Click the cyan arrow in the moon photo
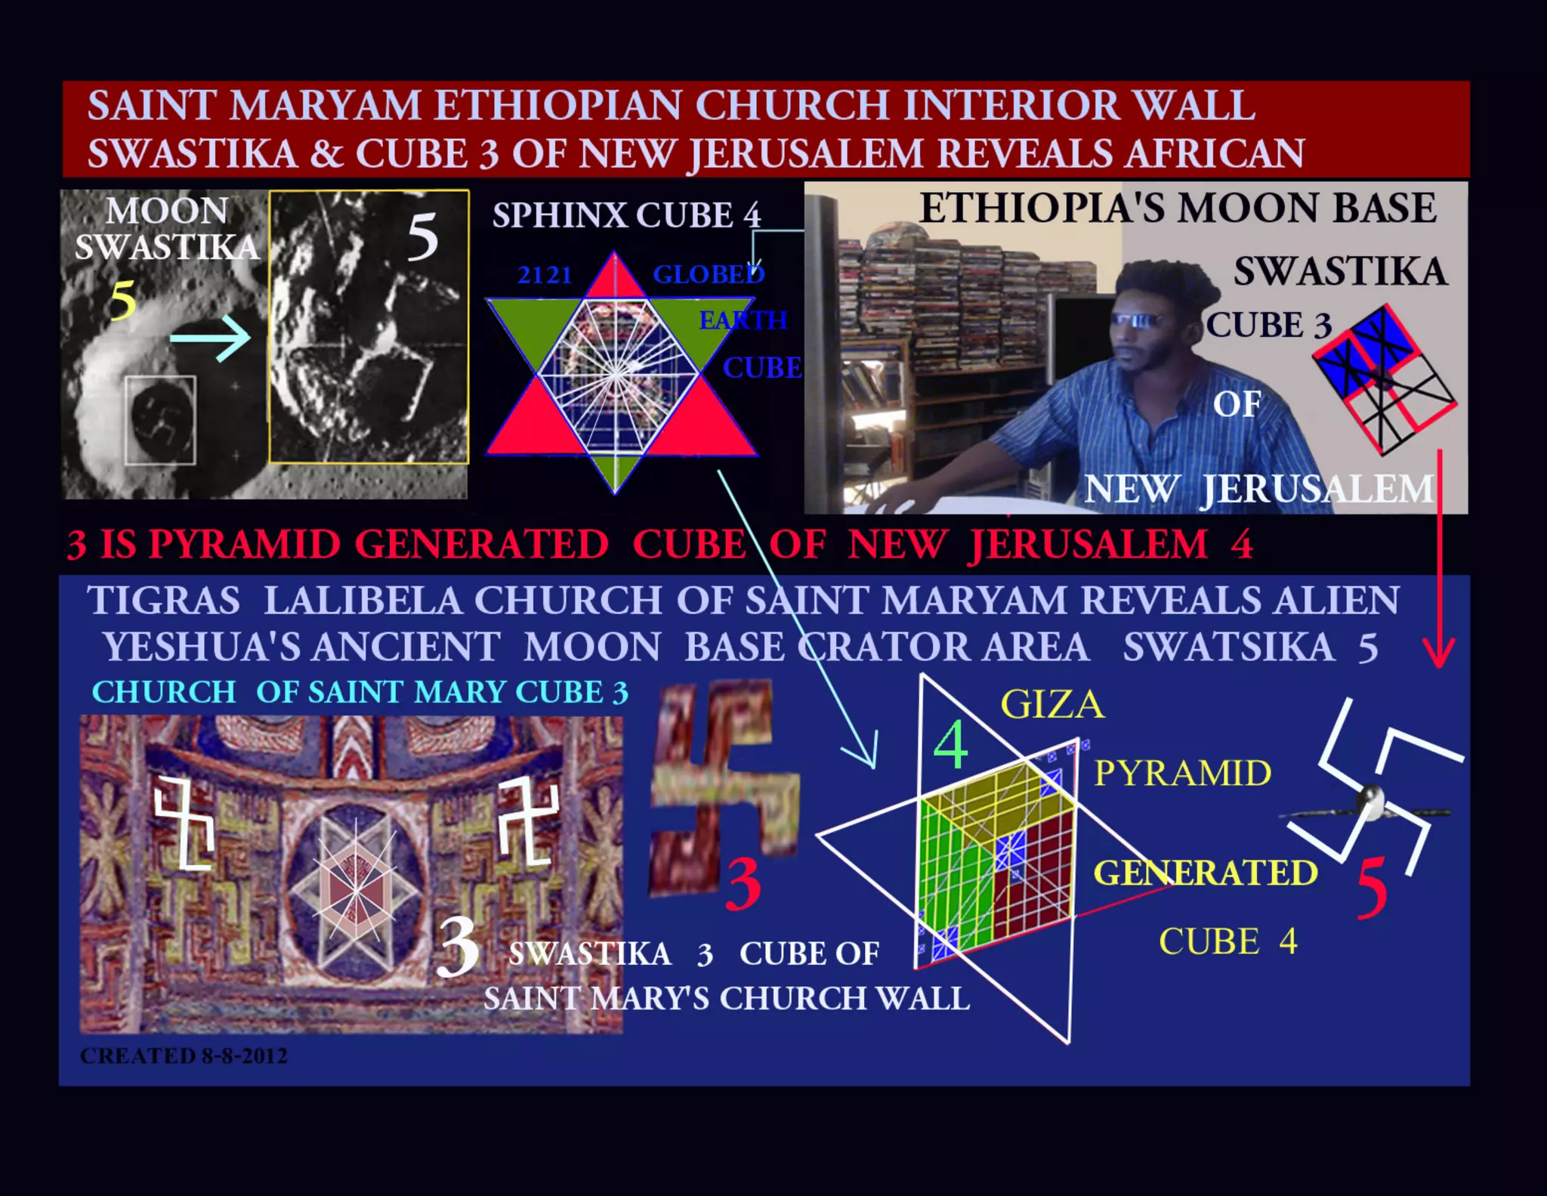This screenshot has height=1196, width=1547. [x=210, y=338]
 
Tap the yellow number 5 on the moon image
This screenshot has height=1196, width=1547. [x=123, y=300]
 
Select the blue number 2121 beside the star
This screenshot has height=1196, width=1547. [x=545, y=275]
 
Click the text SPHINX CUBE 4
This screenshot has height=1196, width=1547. [x=626, y=215]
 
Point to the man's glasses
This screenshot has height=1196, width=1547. [x=1137, y=320]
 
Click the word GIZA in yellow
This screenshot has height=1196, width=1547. [x=1051, y=704]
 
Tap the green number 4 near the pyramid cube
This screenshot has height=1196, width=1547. [x=951, y=745]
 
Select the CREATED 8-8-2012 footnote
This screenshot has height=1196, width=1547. [x=184, y=1055]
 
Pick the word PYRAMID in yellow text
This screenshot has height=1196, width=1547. [x=1182, y=773]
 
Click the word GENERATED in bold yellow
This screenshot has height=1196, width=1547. [x=1205, y=873]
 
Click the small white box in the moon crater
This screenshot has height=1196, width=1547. [x=160, y=420]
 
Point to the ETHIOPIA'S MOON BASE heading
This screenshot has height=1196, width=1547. [x=1177, y=209]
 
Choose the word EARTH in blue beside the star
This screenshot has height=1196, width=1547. [x=743, y=320]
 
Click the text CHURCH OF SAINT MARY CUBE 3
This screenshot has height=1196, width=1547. [x=360, y=692]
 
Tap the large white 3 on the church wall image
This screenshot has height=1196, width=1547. [x=458, y=947]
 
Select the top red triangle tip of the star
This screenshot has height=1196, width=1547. [x=614, y=272]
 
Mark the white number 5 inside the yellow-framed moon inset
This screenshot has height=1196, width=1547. [x=422, y=237]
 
